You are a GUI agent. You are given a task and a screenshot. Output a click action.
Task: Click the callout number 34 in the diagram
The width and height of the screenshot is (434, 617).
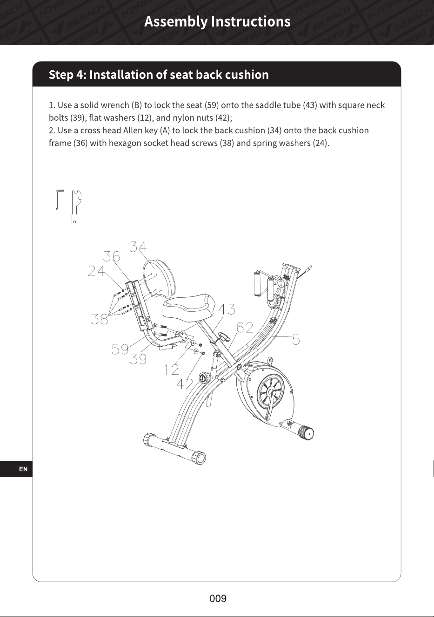pos(138,247)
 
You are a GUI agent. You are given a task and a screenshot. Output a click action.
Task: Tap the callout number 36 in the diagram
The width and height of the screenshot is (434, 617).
pos(112,256)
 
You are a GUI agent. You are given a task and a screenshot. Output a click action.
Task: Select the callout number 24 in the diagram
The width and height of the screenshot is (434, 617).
pos(97,271)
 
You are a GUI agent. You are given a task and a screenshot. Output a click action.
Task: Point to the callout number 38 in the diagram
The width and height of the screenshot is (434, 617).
pos(99,319)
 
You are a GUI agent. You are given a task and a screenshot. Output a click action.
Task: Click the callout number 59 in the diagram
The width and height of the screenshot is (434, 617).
pos(120,349)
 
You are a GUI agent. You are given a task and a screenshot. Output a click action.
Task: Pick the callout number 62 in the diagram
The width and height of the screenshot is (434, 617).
pos(245,327)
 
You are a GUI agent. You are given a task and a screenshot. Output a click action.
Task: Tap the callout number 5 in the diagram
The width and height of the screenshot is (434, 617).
pos(296,339)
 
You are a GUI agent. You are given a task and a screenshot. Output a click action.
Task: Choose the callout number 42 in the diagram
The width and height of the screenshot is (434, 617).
pos(185,384)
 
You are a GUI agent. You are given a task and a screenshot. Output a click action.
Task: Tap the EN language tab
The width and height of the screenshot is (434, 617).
pos(23,469)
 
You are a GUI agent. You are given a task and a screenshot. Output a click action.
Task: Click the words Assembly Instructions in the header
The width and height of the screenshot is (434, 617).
pos(217,21)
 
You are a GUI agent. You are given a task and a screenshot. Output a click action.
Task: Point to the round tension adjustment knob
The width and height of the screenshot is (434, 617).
pos(204,377)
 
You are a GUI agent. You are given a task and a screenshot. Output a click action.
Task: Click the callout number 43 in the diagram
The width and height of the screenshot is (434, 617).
pos(227,309)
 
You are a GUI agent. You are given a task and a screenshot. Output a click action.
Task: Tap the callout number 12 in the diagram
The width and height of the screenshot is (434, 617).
pos(171,370)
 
